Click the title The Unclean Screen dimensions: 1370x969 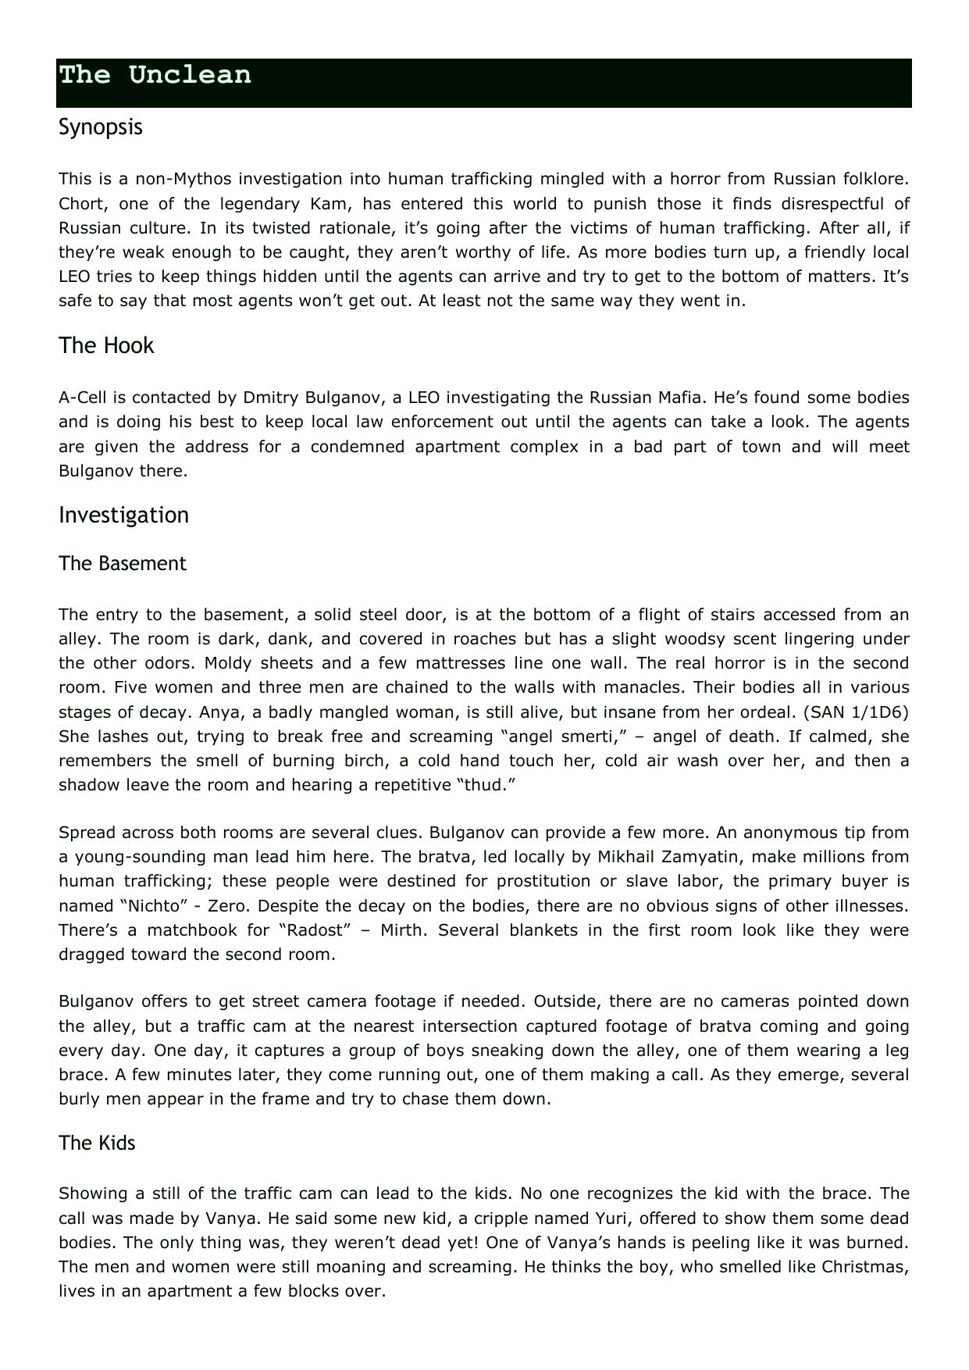click(155, 75)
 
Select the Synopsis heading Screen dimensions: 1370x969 click(101, 127)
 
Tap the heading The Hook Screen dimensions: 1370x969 click(106, 345)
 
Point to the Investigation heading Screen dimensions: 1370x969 click(123, 515)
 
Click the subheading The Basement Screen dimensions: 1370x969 click(123, 563)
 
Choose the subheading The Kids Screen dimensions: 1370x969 click(97, 1143)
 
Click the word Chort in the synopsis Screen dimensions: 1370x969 click(77, 204)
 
